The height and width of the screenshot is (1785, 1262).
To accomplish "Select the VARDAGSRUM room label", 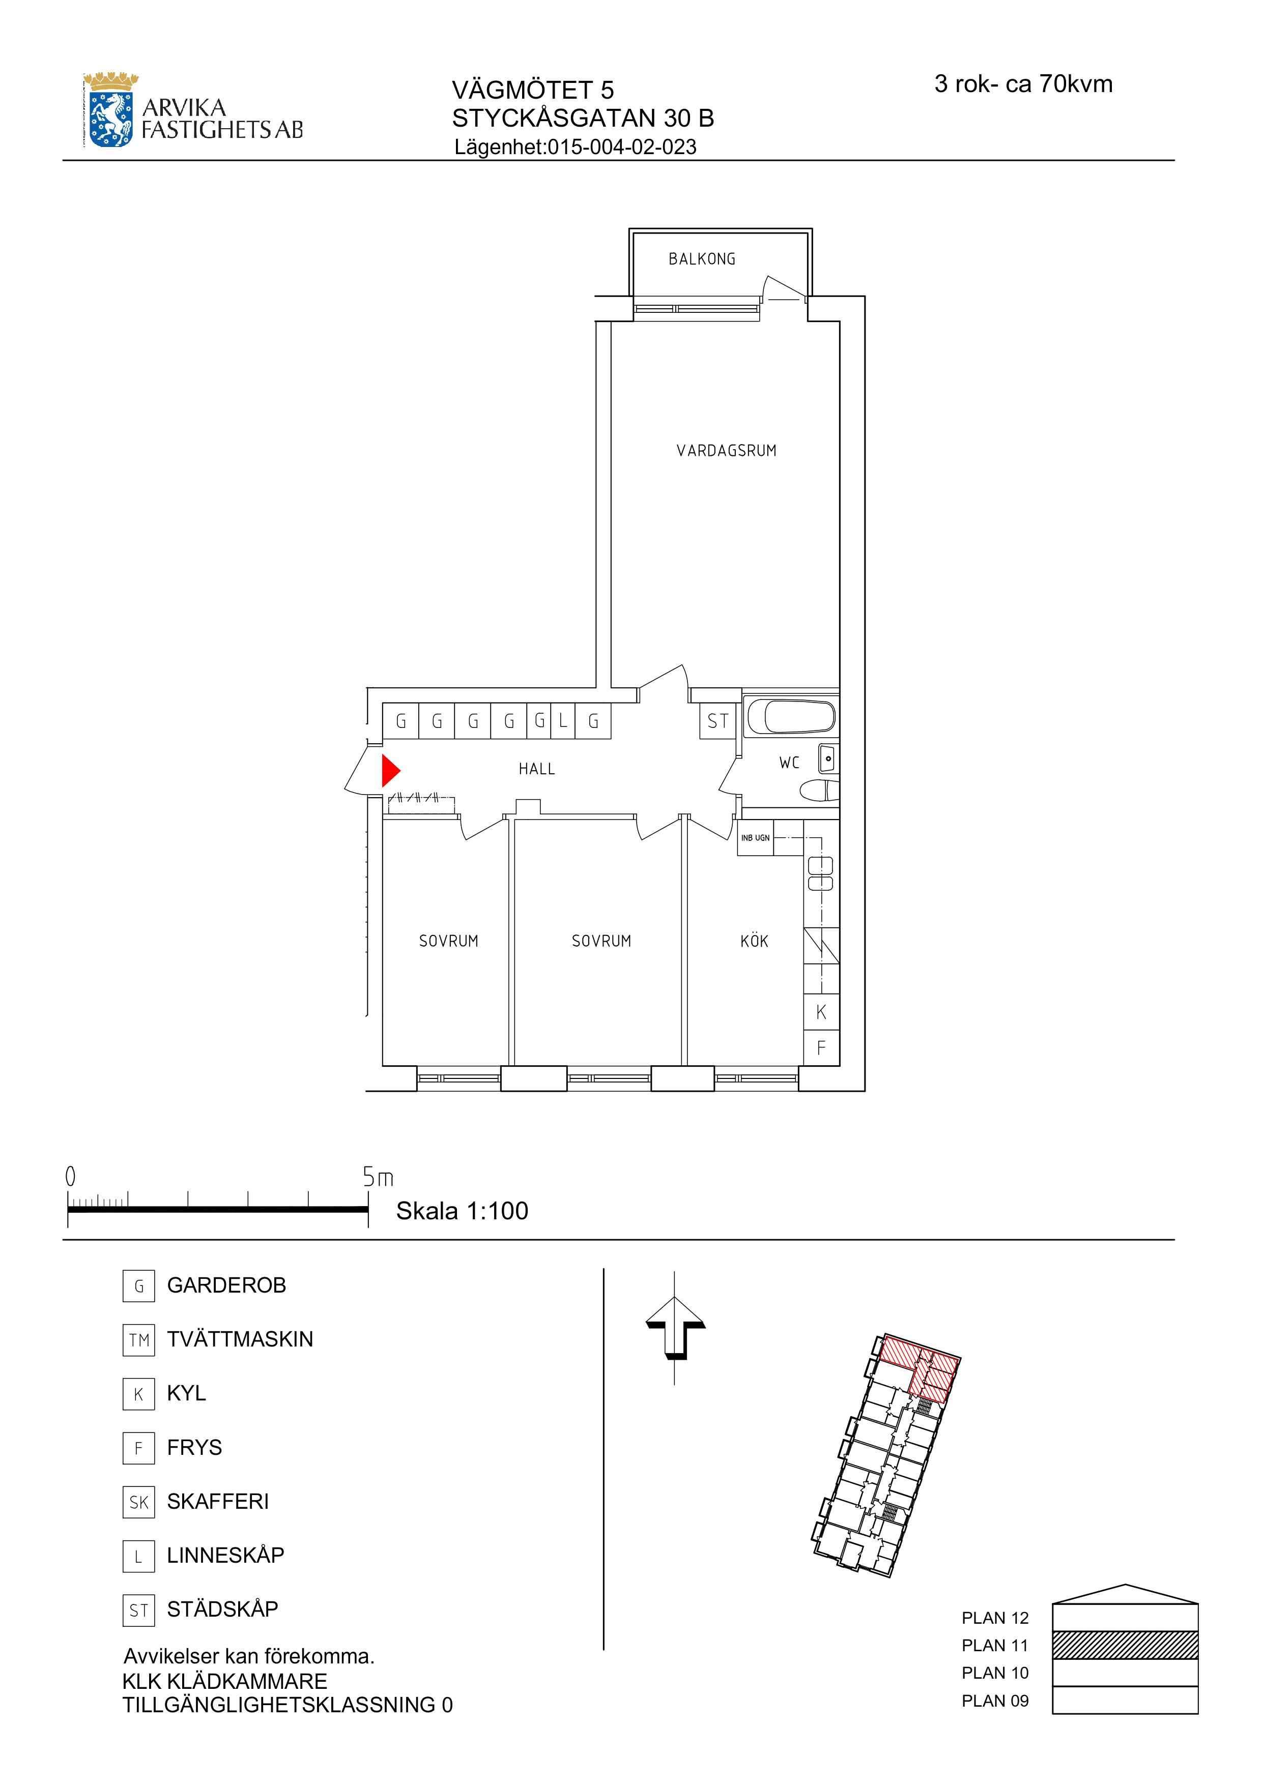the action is [726, 451].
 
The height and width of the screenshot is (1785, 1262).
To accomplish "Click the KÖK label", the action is [754, 941].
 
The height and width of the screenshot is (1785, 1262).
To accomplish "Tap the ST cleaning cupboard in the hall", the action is [718, 721].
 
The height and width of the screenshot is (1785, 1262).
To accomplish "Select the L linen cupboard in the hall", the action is [563, 721].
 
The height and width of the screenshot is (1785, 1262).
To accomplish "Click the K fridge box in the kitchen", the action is [821, 1012].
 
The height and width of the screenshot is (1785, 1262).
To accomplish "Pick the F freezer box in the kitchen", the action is [821, 1048].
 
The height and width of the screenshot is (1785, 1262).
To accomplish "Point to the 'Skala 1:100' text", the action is [462, 1211].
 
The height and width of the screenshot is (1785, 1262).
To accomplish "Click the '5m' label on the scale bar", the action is [378, 1178].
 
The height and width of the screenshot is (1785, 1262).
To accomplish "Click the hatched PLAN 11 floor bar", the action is [1125, 1645].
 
